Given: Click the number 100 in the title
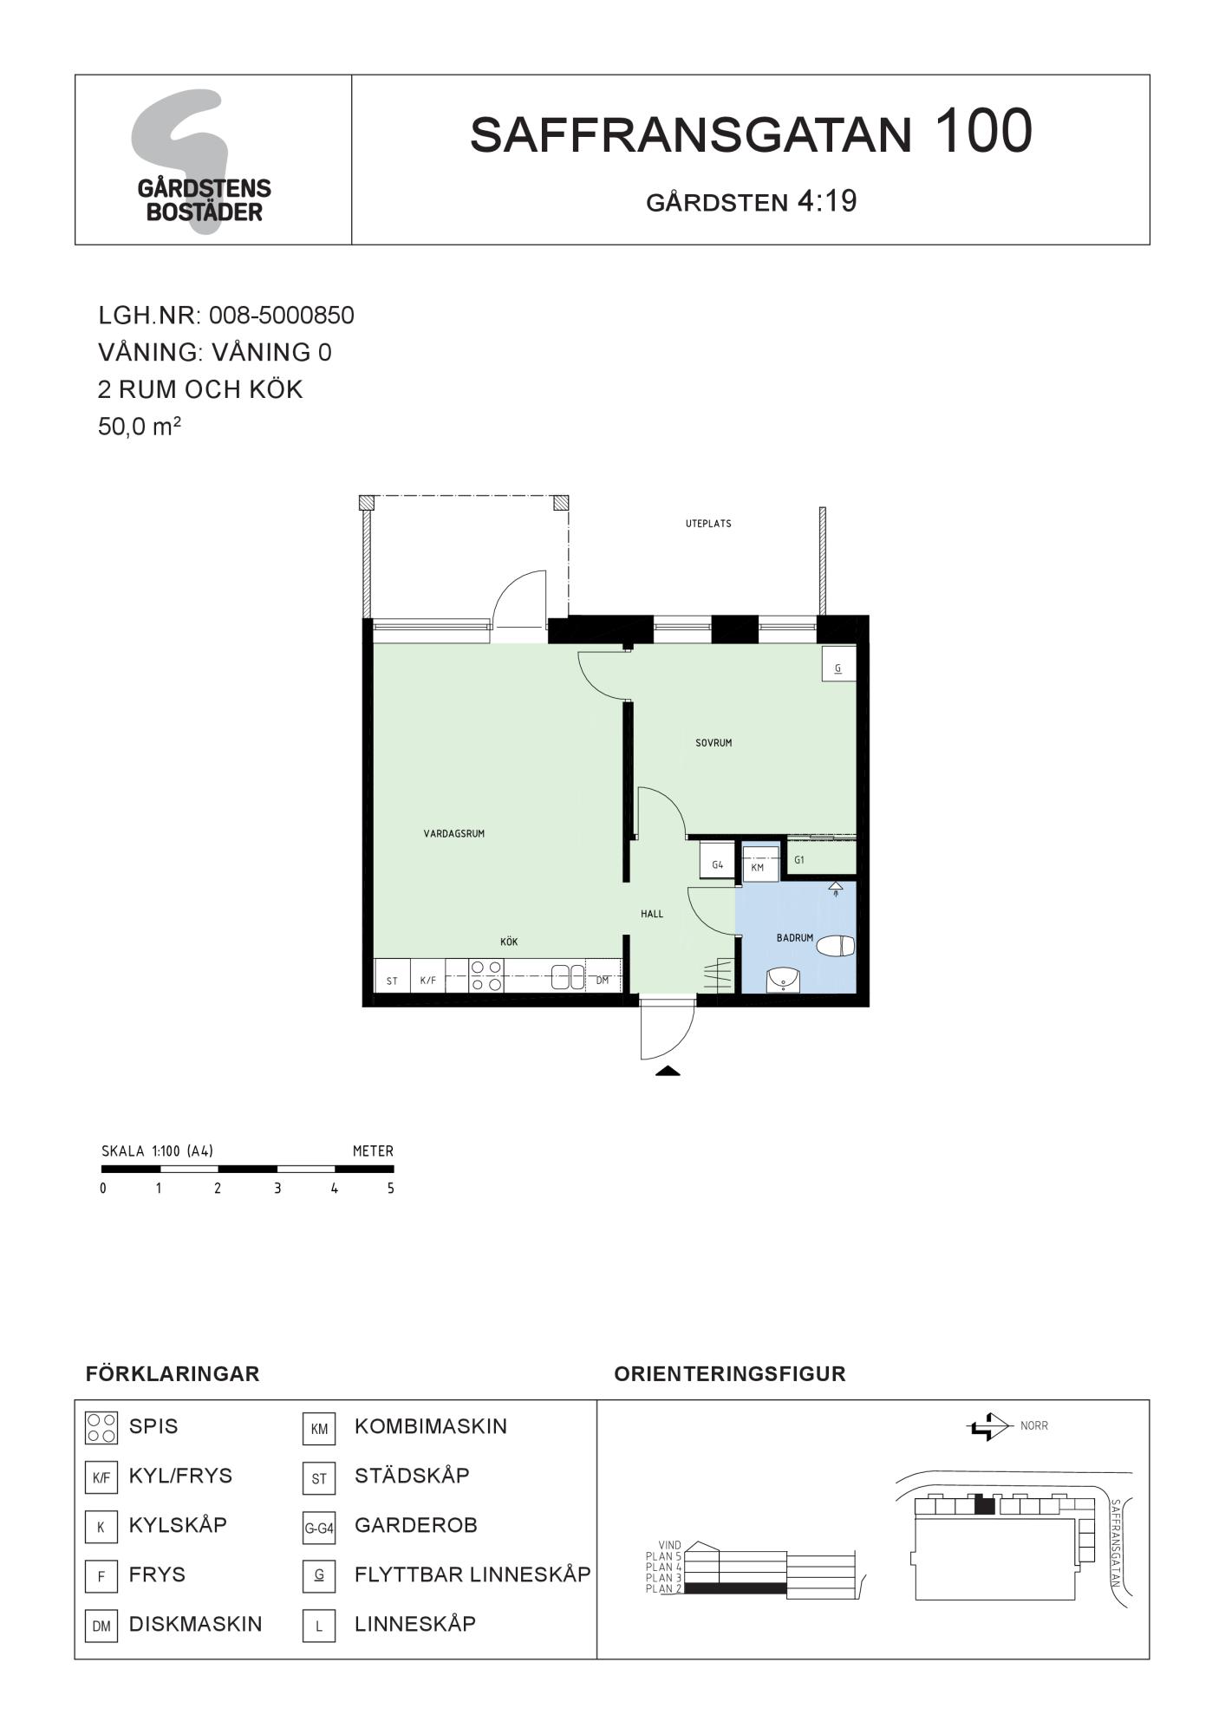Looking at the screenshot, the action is (x=983, y=132).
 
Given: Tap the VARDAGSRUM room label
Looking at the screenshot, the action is (x=453, y=834).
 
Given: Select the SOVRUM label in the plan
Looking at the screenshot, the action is (x=713, y=743).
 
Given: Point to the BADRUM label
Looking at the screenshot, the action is (x=795, y=938).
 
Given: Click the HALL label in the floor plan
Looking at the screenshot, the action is (x=652, y=914).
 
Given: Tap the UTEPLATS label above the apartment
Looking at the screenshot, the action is (x=708, y=524).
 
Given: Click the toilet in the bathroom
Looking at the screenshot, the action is (x=836, y=946).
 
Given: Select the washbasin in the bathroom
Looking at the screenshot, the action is (x=784, y=980).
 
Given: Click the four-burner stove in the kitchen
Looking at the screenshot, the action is (x=486, y=975).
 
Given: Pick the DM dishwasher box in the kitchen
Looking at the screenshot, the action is (x=603, y=976).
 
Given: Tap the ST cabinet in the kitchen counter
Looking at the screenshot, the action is (x=392, y=976).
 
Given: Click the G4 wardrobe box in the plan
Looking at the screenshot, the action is (x=718, y=861).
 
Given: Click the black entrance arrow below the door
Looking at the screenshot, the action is (x=668, y=1071).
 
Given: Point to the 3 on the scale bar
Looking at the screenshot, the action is (x=277, y=1189).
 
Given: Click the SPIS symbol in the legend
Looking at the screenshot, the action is (x=101, y=1428).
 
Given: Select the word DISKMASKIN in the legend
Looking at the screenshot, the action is (x=195, y=1624).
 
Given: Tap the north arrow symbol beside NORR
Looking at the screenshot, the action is (x=989, y=1426).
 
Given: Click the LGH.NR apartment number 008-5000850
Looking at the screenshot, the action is (x=282, y=315).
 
